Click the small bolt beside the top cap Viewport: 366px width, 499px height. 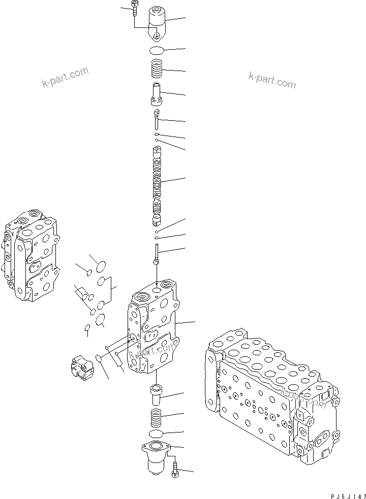click(x=134, y=9)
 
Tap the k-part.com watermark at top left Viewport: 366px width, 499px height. click(x=65, y=77)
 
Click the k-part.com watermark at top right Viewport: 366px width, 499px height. click(x=271, y=79)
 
